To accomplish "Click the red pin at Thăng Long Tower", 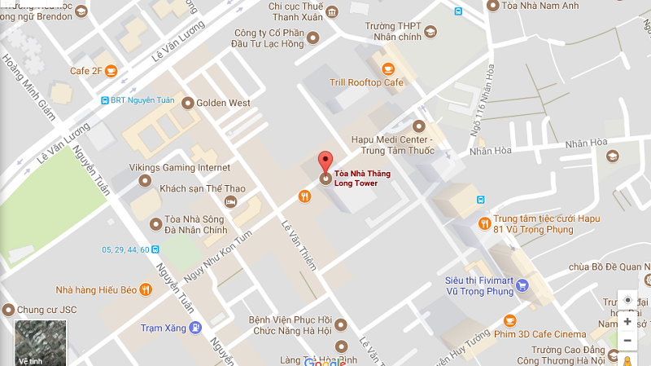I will tap(325, 161).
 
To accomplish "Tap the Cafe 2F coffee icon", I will tap(111, 71).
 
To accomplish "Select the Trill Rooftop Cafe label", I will tap(366, 82).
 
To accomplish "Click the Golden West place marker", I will tap(188, 103).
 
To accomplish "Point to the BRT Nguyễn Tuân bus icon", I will tap(105, 100).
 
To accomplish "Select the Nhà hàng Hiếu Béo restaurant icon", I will tap(145, 289).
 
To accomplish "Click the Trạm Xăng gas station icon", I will tap(195, 329).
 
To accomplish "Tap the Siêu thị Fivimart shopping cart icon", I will tap(522, 285).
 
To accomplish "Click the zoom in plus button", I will tap(627, 321).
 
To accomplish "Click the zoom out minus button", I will tap(627, 340).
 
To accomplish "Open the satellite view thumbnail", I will tap(40, 343).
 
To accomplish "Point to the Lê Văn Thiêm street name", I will tap(297, 245).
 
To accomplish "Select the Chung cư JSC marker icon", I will tap(8, 310).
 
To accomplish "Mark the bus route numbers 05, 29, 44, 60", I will tap(125, 249).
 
